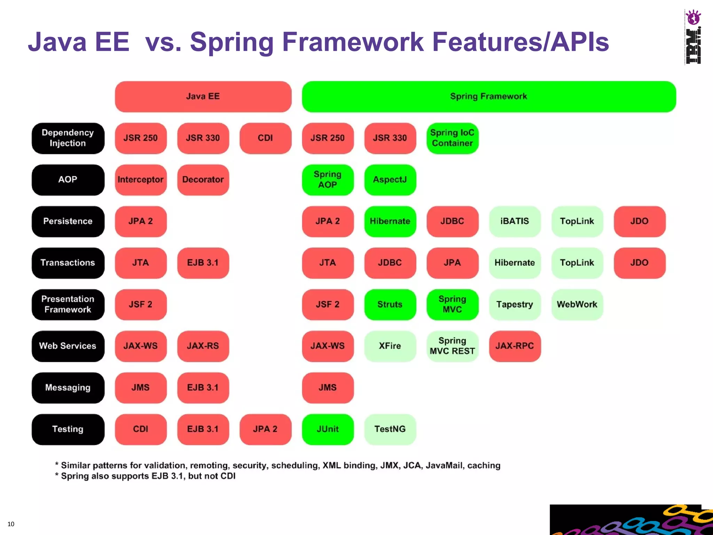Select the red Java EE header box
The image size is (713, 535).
pyautogui.click(x=203, y=96)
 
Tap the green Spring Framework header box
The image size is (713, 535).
pyautogui.click(x=488, y=96)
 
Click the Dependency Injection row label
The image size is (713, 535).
pyautogui.click(x=68, y=138)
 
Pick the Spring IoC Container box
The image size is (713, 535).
pyautogui.click(x=452, y=138)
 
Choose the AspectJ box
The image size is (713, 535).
pyautogui.click(x=390, y=180)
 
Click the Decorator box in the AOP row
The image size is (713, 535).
pyautogui.click(x=203, y=180)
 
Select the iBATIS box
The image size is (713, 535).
pyautogui.click(x=515, y=221)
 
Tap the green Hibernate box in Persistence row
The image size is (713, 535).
pyautogui.click(x=390, y=221)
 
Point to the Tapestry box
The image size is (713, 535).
pyautogui.click(x=515, y=304)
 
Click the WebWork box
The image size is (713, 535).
pyautogui.click(x=577, y=304)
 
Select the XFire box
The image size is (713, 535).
pyautogui.click(x=390, y=346)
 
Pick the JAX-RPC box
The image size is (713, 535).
pyautogui.click(x=515, y=346)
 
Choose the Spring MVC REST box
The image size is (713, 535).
pyautogui.click(x=452, y=346)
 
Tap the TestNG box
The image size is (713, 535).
pyautogui.click(x=390, y=429)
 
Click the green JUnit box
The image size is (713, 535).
pyautogui.click(x=328, y=429)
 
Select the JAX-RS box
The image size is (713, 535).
pyautogui.click(x=203, y=346)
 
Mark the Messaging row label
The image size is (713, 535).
pyautogui.click(x=68, y=388)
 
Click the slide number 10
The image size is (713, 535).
pyautogui.click(x=11, y=524)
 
